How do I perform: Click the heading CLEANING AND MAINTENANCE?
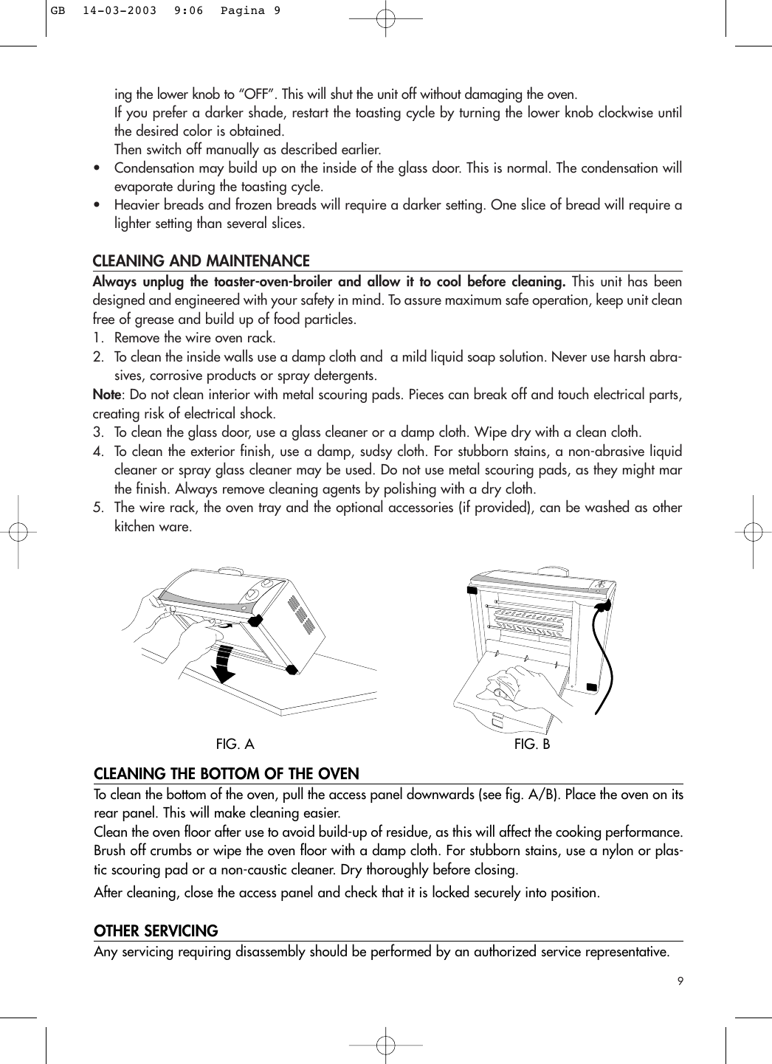[x=201, y=261]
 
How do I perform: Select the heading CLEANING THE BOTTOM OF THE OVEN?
[x=226, y=774]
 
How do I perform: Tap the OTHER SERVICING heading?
[x=156, y=931]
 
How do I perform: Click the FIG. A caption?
[x=235, y=745]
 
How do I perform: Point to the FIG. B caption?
[x=532, y=745]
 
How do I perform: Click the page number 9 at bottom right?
[x=679, y=981]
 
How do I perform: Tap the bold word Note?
[x=106, y=395]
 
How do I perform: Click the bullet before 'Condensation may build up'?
[x=98, y=168]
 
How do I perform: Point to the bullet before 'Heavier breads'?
[x=98, y=205]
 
